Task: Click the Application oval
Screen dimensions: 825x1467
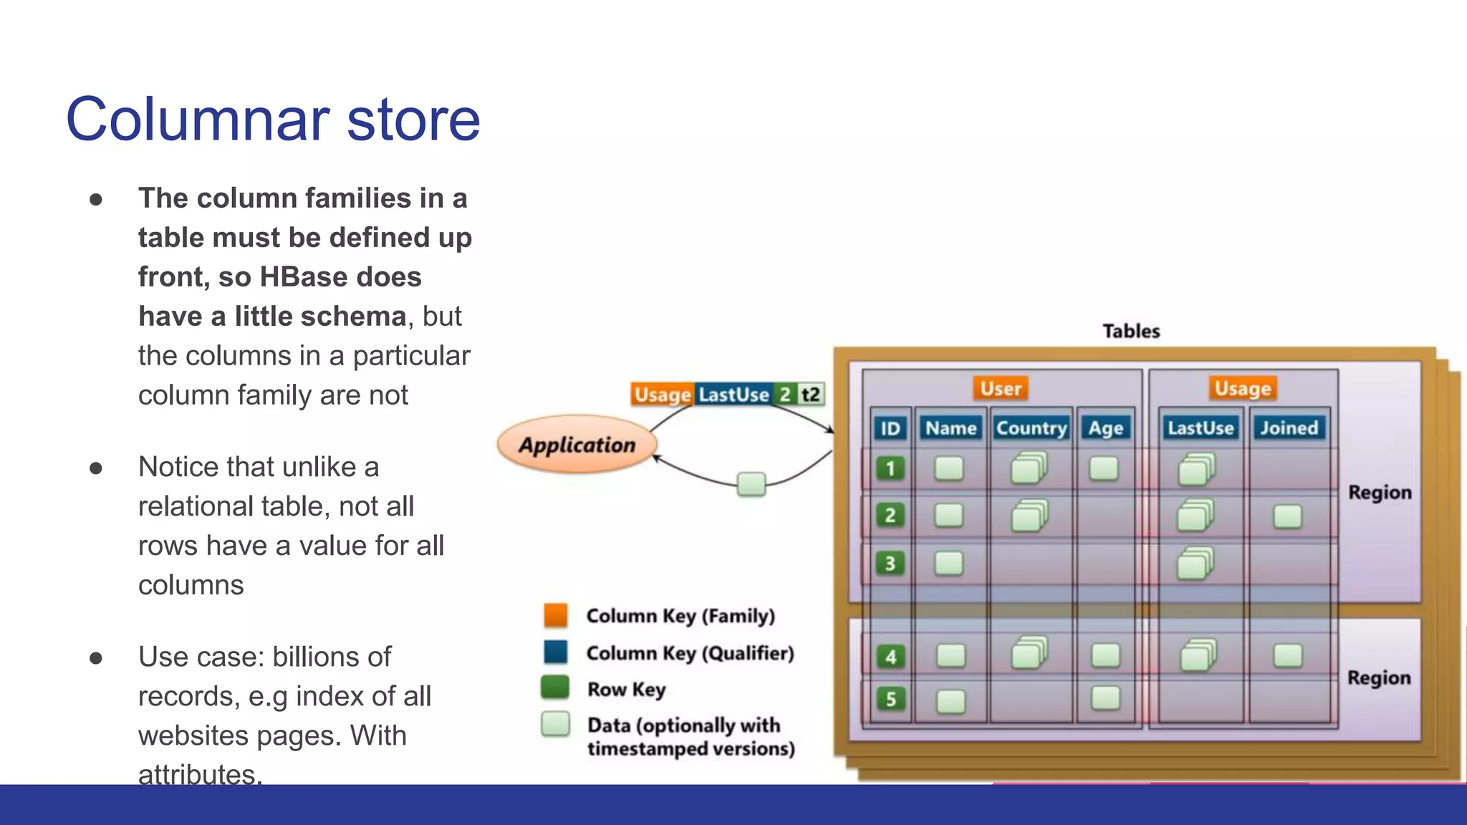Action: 577,445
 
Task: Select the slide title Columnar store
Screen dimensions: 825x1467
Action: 273,119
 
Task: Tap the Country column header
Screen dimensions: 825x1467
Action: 1031,428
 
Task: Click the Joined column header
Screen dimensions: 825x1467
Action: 1289,428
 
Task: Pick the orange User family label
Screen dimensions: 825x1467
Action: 1001,388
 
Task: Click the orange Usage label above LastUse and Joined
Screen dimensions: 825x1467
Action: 1243,388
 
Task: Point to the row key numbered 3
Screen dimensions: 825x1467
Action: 890,564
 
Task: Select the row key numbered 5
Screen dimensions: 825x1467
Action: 890,699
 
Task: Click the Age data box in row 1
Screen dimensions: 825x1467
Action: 1103,469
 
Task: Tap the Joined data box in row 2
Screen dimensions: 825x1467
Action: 1287,516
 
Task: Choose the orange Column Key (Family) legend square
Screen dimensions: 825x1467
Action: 556,615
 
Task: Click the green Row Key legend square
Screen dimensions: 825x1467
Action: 555,687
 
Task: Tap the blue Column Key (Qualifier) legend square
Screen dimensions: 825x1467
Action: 556,652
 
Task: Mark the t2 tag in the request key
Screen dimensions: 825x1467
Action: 810,395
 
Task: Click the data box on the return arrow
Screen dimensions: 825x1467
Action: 751,484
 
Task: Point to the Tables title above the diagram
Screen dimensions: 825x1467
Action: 1131,331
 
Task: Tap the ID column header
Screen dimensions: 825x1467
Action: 890,428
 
